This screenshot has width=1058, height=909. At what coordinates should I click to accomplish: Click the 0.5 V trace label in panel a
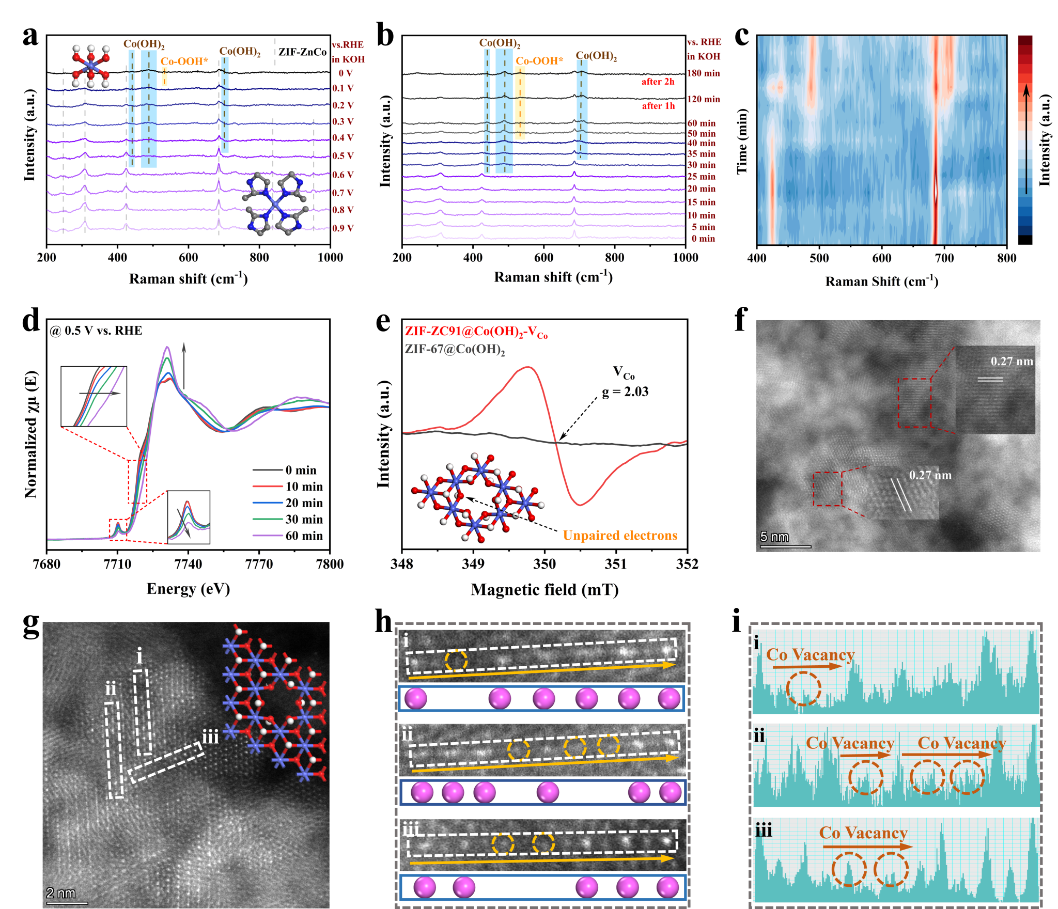pyautogui.click(x=343, y=156)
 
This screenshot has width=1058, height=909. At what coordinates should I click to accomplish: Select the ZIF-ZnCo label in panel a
pyautogui.click(x=302, y=52)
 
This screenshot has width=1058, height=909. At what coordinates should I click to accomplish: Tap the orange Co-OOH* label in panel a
pyautogui.click(x=184, y=61)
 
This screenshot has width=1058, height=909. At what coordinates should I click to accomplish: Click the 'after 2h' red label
pyautogui.click(x=658, y=82)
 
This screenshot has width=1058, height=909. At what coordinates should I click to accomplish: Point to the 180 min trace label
pyautogui.click(x=703, y=73)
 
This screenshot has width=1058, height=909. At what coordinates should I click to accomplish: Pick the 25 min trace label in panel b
pyautogui.click(x=701, y=177)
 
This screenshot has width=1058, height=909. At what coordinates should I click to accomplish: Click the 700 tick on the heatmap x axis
pyautogui.click(x=944, y=258)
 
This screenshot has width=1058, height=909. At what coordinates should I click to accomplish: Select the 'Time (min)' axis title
pyautogui.click(x=742, y=142)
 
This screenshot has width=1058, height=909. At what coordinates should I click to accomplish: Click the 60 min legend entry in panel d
pyautogui.click(x=304, y=536)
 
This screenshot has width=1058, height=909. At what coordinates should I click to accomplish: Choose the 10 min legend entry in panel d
pyautogui.click(x=304, y=487)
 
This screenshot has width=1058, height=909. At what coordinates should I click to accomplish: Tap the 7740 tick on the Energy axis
pyautogui.click(x=188, y=564)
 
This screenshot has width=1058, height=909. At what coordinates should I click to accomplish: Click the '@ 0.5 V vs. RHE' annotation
pyautogui.click(x=96, y=331)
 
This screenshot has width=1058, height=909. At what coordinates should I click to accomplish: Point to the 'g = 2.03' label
pyautogui.click(x=625, y=391)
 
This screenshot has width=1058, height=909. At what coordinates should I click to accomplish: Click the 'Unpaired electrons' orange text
pyautogui.click(x=620, y=536)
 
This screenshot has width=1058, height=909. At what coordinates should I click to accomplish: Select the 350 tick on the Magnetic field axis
pyautogui.click(x=544, y=564)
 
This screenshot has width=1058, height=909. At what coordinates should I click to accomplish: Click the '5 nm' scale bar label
pyautogui.click(x=774, y=537)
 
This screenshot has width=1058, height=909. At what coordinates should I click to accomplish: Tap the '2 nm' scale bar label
pyautogui.click(x=60, y=893)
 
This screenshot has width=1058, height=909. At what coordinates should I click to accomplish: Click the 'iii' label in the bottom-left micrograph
pyautogui.click(x=210, y=736)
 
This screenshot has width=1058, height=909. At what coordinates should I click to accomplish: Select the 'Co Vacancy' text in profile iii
pyautogui.click(x=863, y=833)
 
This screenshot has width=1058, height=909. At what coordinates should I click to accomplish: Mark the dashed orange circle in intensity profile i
pyautogui.click(x=803, y=688)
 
